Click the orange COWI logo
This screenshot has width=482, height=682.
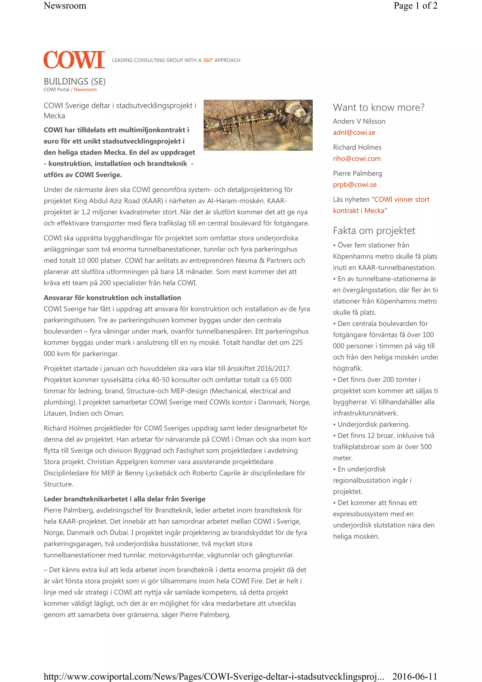74,60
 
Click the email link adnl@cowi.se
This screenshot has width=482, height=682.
354,133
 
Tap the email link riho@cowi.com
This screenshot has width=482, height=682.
356,159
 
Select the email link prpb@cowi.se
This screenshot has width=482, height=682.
355,185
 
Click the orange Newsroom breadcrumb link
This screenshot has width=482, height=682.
85,90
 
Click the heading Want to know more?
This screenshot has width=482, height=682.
379,107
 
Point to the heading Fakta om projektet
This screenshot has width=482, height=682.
374,230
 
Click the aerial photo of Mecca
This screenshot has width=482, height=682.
258,125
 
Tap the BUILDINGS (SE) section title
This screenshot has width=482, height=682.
75,81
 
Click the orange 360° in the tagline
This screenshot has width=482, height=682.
208,60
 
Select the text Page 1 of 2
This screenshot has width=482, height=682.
415,6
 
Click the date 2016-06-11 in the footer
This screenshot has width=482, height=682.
415,676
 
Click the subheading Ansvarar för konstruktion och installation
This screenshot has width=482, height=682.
112,298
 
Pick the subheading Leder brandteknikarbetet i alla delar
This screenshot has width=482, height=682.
125,499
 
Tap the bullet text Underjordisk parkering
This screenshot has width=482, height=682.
374,424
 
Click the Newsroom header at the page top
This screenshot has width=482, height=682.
65,6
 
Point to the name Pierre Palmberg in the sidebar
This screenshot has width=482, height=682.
357,174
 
